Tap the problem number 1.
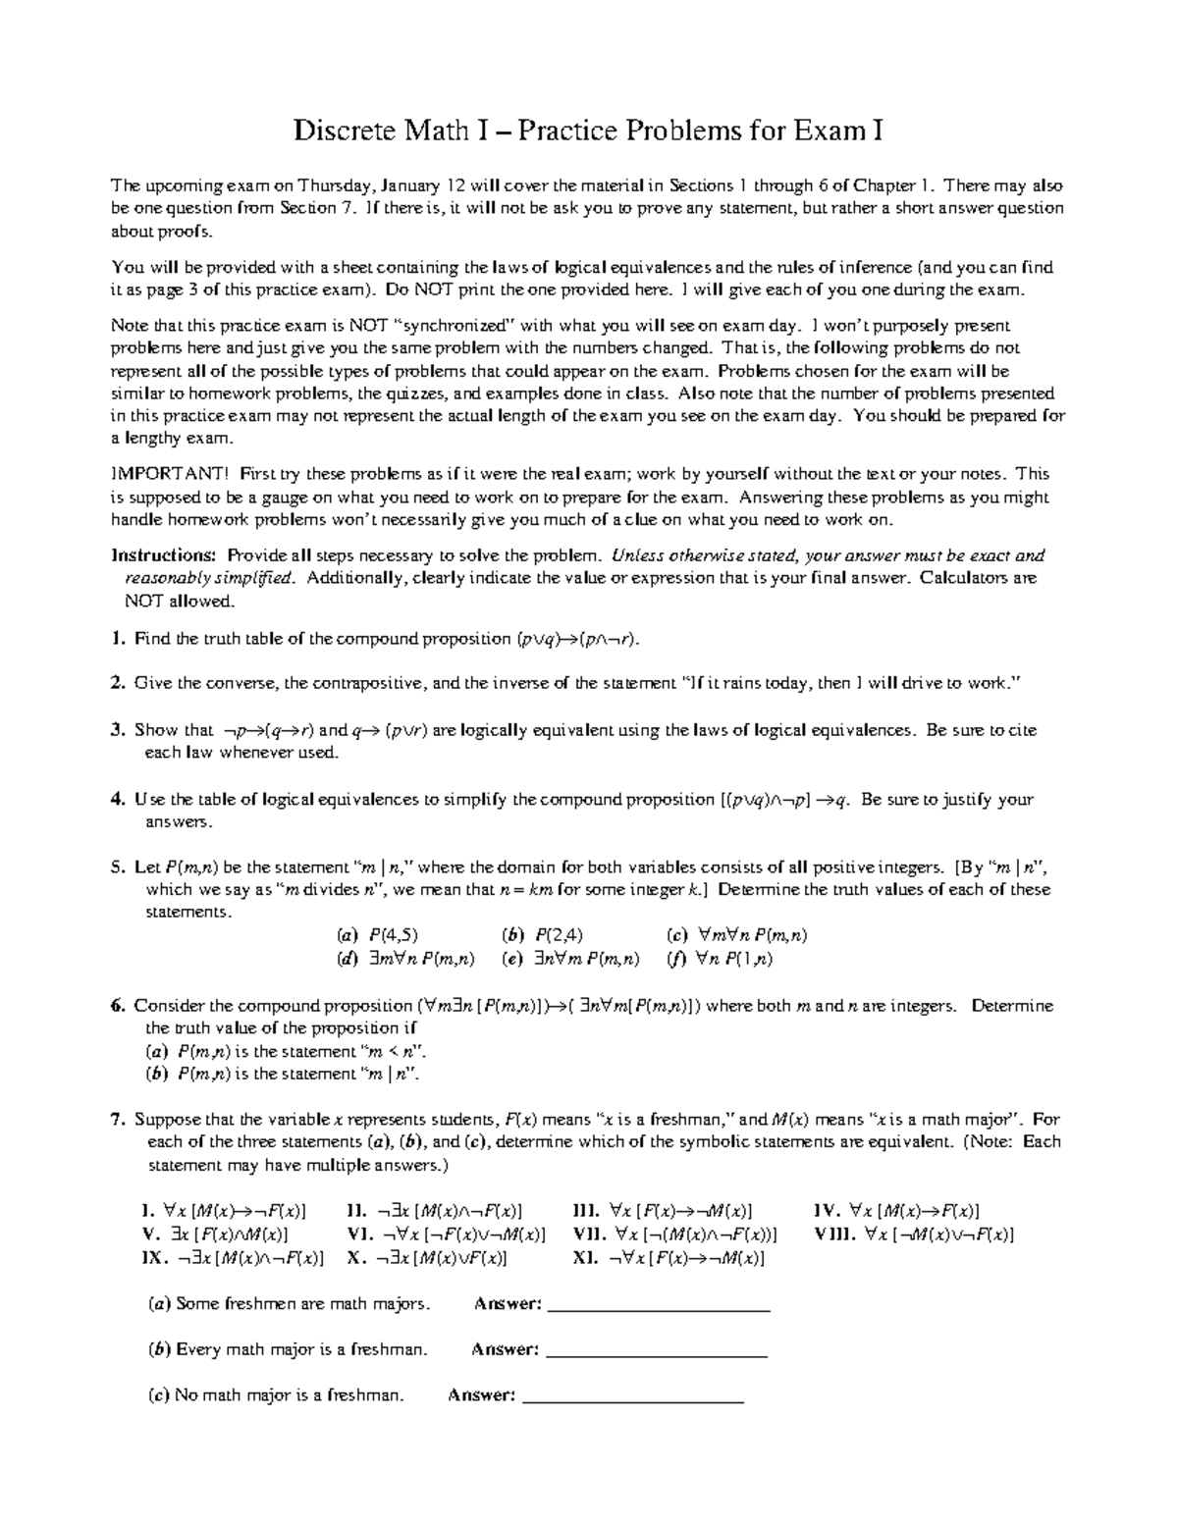point(118,639)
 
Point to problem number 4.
point(118,800)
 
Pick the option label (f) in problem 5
point(676,960)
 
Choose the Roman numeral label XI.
point(586,1257)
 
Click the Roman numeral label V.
point(149,1235)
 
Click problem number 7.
point(118,1120)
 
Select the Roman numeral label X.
point(356,1257)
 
